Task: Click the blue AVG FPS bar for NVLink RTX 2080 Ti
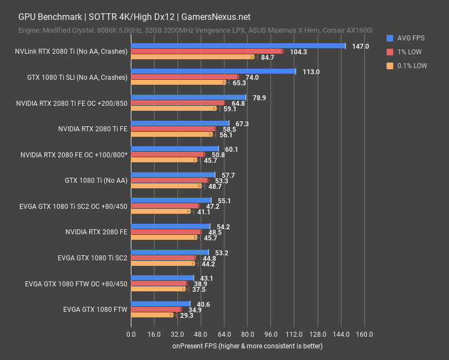click(238, 46)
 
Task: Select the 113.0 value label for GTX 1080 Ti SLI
click(310, 72)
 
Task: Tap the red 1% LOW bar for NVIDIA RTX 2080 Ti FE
click(173, 128)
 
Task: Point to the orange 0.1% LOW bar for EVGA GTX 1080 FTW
click(152, 315)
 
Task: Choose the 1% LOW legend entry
click(409, 52)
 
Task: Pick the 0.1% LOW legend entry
click(412, 65)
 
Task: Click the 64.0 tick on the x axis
click(224, 335)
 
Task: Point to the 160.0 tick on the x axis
click(364, 335)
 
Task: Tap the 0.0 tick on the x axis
click(131, 335)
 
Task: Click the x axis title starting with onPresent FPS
click(247, 346)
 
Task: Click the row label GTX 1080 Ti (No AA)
click(96, 181)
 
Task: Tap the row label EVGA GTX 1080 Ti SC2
click(93, 258)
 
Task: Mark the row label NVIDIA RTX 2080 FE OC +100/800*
click(74, 155)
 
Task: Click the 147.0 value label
click(360, 47)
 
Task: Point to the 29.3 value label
click(186, 315)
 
